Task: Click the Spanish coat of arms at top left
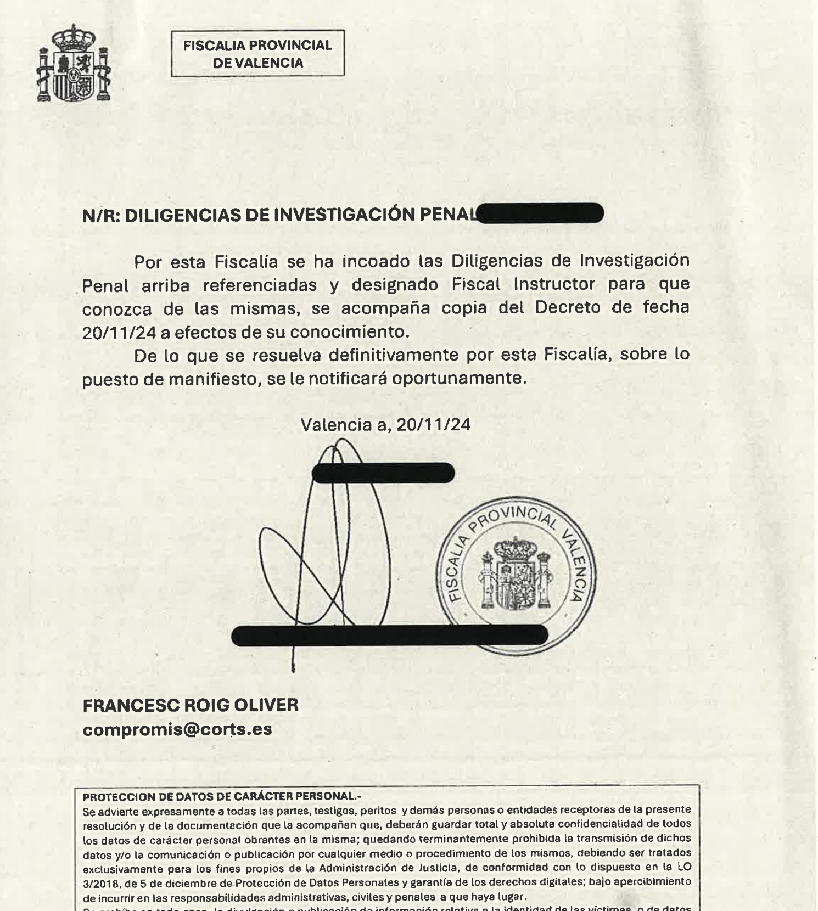[74, 64]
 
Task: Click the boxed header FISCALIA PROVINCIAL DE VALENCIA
[257, 53]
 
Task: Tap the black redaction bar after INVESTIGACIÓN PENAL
[541, 213]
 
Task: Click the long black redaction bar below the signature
[390, 635]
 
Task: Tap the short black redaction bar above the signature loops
[383, 473]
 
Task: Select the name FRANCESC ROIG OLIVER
[191, 705]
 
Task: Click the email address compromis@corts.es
[177, 729]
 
